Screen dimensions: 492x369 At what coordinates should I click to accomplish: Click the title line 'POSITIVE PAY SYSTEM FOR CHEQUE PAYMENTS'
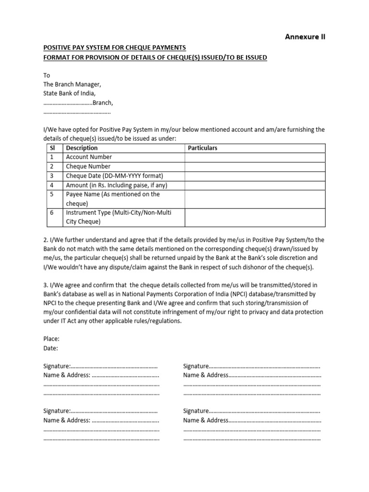115,48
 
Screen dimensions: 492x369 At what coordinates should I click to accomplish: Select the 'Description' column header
82,148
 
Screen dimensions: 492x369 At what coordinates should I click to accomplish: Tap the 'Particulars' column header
202,148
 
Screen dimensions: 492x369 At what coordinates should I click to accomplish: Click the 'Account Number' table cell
89,157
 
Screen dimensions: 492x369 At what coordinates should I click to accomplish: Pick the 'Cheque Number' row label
88,166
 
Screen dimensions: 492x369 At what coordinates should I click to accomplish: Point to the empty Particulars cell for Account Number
255,157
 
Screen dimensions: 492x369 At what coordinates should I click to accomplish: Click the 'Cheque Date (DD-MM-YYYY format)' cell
114,176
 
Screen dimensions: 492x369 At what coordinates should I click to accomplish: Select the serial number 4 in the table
51,185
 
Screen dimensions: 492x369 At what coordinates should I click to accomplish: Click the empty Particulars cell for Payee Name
255,199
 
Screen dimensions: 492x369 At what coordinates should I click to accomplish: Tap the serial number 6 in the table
51,213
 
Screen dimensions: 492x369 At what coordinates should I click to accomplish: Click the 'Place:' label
51,339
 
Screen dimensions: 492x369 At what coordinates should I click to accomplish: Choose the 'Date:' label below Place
50,348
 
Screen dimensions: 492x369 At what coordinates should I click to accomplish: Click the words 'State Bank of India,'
70,94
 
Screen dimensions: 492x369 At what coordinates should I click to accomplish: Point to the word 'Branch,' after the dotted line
103,103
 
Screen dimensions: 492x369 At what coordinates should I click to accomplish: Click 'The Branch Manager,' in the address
72,85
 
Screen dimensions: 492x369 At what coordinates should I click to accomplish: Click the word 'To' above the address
47,75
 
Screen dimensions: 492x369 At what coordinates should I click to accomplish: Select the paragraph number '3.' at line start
46,285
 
